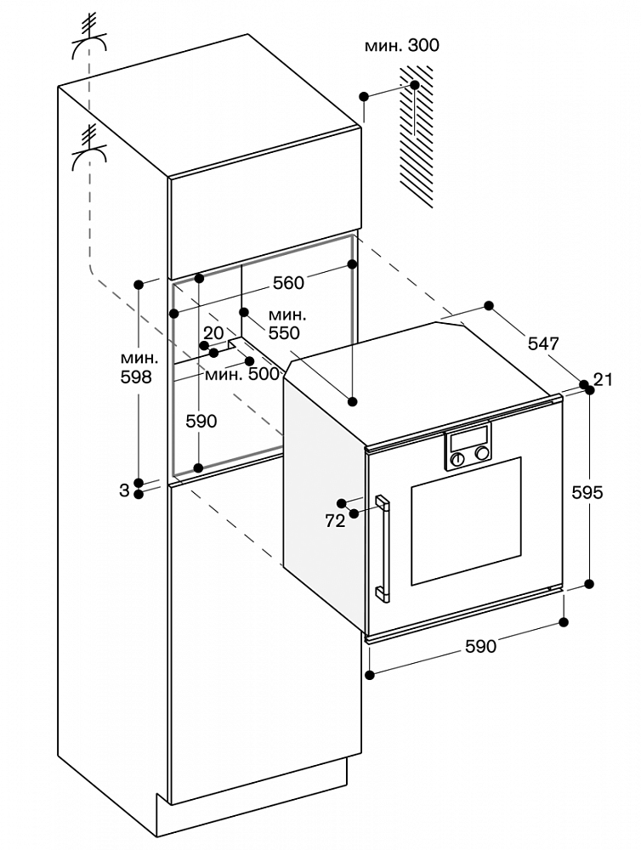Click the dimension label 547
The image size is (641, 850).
click(x=543, y=343)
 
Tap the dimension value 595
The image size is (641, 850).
click(x=587, y=492)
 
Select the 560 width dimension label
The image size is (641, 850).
click(x=288, y=284)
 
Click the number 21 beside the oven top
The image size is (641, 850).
click(x=604, y=380)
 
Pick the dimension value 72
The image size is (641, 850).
click(x=335, y=521)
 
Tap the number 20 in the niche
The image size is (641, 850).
click(x=213, y=332)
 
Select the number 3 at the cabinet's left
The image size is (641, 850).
click(x=124, y=489)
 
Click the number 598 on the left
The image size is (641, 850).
click(x=136, y=377)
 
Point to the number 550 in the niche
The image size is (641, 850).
click(x=284, y=333)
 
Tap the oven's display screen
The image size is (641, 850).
click(x=468, y=441)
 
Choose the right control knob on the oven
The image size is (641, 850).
click(x=481, y=455)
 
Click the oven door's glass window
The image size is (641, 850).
click(x=466, y=520)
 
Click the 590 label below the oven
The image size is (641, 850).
click(x=479, y=647)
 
